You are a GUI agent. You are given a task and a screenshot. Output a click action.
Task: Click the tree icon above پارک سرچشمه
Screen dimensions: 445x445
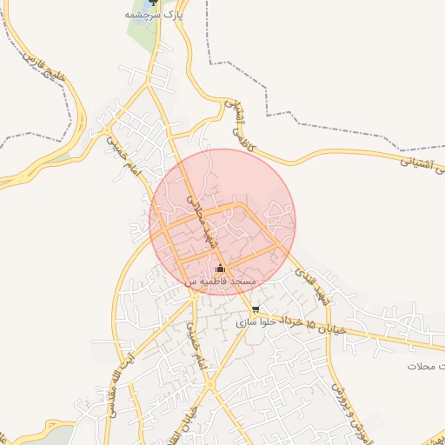point(154,3)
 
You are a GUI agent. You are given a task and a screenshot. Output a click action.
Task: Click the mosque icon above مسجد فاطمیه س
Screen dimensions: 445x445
point(220,268)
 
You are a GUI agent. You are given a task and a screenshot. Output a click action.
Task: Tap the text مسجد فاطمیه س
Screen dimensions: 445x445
point(220,282)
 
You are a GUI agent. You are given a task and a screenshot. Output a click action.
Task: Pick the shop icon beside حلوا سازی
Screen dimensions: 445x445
point(255,309)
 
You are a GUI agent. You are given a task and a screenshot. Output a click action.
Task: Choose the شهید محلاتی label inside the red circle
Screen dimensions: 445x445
point(203,217)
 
